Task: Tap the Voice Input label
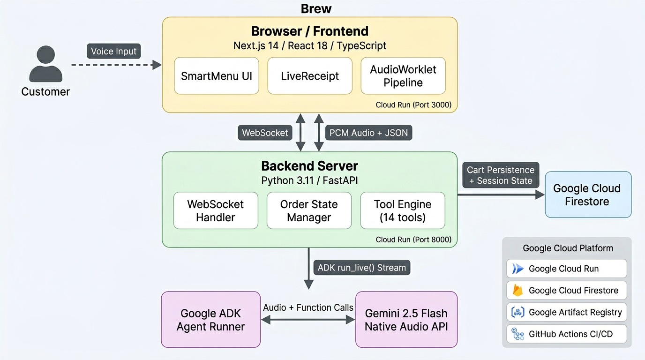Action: click(113, 51)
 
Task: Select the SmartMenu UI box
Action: click(216, 76)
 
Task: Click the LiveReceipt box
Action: click(309, 76)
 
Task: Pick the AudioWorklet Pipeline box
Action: click(403, 76)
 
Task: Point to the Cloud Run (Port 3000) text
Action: click(413, 105)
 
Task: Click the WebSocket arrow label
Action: click(265, 133)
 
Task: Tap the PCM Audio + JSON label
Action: click(368, 133)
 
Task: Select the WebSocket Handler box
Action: click(215, 210)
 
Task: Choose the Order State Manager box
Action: click(309, 210)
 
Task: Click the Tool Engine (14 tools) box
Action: click(402, 210)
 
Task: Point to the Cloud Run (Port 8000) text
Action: click(413, 240)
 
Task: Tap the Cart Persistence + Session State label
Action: click(501, 175)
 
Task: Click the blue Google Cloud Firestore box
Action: click(588, 195)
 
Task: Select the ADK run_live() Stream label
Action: click(361, 268)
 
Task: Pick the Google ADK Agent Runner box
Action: click(210, 320)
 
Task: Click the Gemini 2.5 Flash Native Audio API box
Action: click(406, 320)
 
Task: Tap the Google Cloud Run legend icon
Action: click(517, 269)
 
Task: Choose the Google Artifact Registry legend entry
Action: click(566, 312)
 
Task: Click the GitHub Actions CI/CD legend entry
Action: click(566, 334)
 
